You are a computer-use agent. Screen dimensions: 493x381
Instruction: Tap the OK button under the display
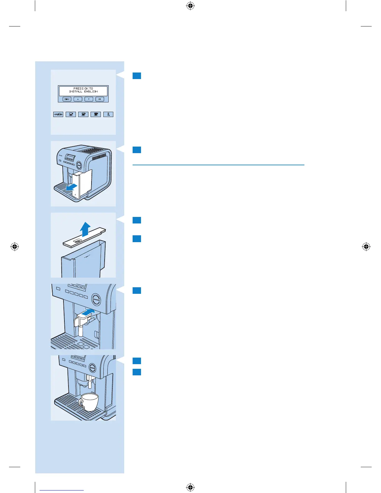pos(100,99)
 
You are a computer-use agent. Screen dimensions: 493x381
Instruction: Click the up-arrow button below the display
pos(78,99)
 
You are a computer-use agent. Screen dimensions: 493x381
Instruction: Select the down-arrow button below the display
pos(89,99)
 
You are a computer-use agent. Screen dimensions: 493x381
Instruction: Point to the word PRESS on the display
pos(78,88)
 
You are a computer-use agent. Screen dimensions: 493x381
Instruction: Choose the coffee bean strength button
pos(58,114)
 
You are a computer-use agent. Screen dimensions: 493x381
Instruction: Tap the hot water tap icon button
pos(108,114)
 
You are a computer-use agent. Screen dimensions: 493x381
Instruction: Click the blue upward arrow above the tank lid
pos(85,229)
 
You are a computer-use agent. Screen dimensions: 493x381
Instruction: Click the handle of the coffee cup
pos(81,404)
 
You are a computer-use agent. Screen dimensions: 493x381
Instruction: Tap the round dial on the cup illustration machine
pos(93,368)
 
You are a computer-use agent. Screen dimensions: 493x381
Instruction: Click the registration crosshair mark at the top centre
pos(190,6)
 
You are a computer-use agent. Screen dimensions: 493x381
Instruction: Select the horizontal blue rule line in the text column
pos(218,165)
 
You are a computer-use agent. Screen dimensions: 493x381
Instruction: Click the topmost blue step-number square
pos(137,76)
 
